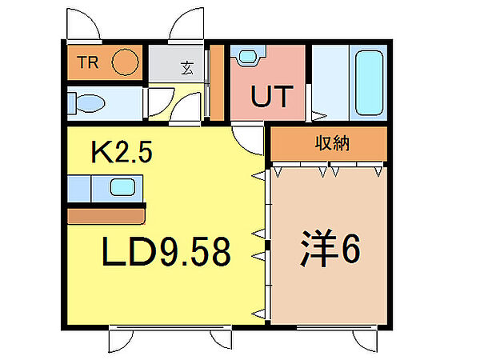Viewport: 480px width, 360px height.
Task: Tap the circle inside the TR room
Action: point(124,62)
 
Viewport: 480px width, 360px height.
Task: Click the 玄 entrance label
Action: point(186,67)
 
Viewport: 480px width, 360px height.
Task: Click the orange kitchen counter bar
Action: point(106,214)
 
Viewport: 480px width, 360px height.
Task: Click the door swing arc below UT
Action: point(250,138)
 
